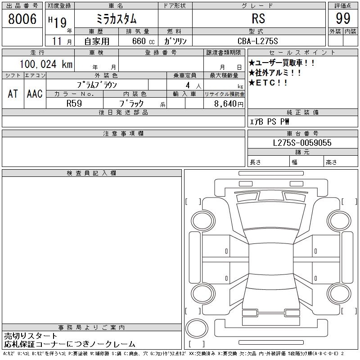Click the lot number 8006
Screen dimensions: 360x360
click(x=22, y=19)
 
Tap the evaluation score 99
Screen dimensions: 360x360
click(x=343, y=19)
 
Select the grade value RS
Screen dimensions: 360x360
click(x=258, y=19)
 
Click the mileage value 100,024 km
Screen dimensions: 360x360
click(x=45, y=64)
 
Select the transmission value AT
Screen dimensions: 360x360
click(x=13, y=94)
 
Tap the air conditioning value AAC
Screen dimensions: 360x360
click(x=35, y=94)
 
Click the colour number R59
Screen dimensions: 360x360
click(x=74, y=103)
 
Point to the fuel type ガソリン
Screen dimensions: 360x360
click(x=176, y=41)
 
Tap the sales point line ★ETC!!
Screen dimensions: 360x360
click(x=268, y=83)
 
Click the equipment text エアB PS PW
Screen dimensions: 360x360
click(x=270, y=121)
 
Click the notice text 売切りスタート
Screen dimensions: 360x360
click(x=31, y=336)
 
